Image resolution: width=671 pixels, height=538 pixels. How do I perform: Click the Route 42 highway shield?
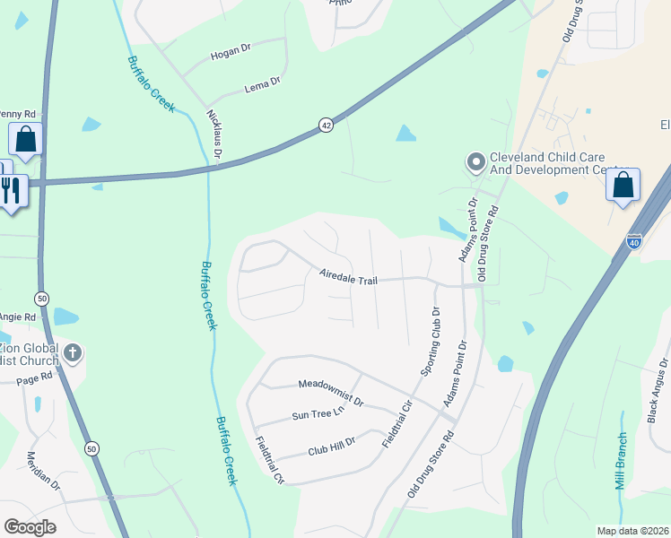[325, 126]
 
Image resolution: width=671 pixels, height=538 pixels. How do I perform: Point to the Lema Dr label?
[263, 86]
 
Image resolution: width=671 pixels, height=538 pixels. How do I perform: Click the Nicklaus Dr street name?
[214, 135]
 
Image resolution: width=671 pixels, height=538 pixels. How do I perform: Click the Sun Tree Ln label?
[318, 414]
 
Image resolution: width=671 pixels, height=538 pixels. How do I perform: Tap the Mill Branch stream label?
[621, 462]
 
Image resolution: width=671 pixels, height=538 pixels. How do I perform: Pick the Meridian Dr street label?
[44, 471]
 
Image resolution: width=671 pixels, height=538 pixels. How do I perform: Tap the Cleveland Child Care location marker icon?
[475, 162]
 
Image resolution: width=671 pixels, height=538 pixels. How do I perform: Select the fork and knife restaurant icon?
[12, 191]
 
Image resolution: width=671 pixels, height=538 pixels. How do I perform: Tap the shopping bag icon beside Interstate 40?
[623, 185]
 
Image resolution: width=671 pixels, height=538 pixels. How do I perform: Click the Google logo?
[30, 526]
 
